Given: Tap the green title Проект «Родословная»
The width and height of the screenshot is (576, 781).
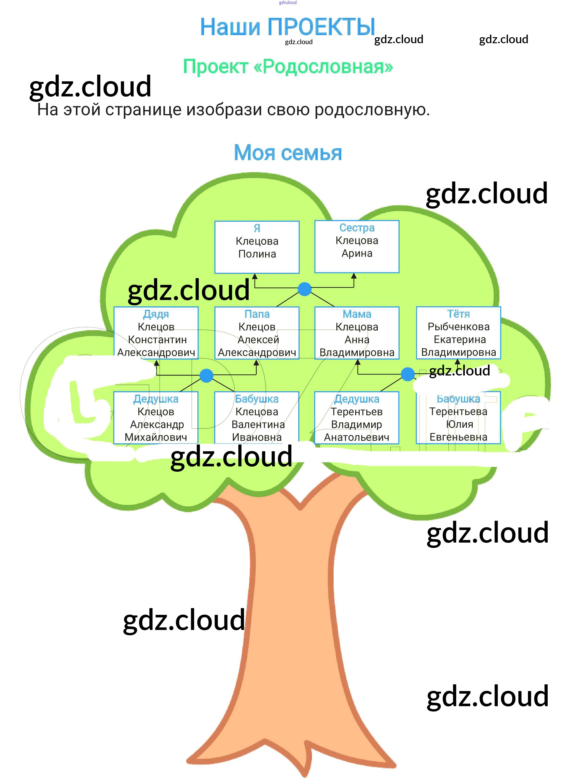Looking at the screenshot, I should point(288,66).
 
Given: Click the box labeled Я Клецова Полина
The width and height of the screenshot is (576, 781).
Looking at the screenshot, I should point(257,247).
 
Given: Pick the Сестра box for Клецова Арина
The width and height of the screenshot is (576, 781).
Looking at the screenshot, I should point(357,246).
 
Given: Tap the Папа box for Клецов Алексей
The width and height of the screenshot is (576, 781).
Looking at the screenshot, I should point(257,333).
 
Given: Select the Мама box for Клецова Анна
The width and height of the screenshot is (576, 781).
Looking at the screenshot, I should point(357,333).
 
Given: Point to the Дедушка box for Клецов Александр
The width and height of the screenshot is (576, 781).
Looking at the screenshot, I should point(156,418).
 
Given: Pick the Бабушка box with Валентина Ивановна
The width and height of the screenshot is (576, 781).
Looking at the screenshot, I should point(257,418).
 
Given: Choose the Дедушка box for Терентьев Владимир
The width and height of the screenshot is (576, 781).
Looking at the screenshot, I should point(357,418).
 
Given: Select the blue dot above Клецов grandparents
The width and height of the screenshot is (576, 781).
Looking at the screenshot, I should point(206,376).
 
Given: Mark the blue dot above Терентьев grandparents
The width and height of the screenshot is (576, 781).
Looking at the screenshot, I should point(408,374).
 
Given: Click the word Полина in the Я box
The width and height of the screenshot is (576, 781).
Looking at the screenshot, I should point(257,254).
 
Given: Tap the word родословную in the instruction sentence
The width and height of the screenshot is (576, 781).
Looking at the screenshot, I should point(372,110).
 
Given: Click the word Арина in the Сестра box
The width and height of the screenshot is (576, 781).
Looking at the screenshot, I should point(357,253).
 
